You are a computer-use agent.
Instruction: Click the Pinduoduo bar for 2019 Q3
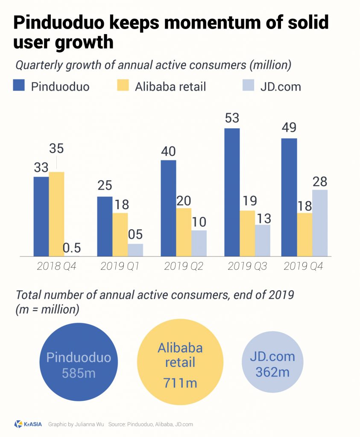(x=232, y=192)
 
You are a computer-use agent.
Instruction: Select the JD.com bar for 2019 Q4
(x=320, y=223)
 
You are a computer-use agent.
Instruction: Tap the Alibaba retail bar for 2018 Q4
(x=56, y=214)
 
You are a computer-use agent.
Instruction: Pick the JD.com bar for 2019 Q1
(x=135, y=250)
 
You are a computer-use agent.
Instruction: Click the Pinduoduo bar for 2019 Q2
(x=168, y=208)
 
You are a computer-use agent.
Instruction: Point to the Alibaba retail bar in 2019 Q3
(x=247, y=233)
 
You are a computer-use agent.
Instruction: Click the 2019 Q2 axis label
(x=184, y=266)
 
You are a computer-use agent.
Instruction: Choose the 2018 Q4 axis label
(x=56, y=266)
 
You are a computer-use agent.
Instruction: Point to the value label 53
(x=231, y=118)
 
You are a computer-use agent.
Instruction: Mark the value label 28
(x=319, y=181)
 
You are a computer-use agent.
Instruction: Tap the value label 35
(x=56, y=149)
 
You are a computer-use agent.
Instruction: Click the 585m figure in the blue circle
(x=78, y=373)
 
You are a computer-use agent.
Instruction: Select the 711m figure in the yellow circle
(x=180, y=382)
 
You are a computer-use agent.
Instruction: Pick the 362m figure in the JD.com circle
(x=272, y=372)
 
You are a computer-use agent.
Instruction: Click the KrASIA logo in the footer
(x=28, y=424)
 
